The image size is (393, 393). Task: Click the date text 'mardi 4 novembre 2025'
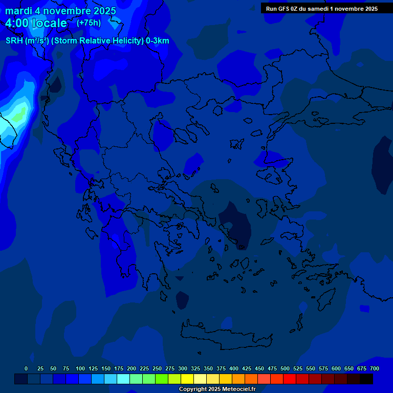[x=60, y=11]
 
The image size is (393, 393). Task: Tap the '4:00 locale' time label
[x=36, y=23]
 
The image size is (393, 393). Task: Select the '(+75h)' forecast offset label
[x=89, y=23]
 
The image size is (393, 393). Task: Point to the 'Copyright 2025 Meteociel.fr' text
[x=217, y=389]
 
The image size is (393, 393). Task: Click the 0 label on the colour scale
[x=26, y=368]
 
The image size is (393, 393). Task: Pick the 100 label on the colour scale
[x=80, y=368]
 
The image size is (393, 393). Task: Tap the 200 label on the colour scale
[x=132, y=368]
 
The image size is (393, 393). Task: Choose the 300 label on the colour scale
[x=183, y=368]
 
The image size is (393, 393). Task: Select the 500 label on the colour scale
[x=285, y=368]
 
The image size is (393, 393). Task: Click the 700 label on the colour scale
[x=375, y=368]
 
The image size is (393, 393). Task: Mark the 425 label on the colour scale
[x=247, y=368]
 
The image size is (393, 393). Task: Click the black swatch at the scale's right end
[x=366, y=379]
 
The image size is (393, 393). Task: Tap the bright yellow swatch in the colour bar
[x=187, y=379]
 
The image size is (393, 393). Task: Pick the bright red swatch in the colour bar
[x=290, y=379]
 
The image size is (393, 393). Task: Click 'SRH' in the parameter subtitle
[x=14, y=41]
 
